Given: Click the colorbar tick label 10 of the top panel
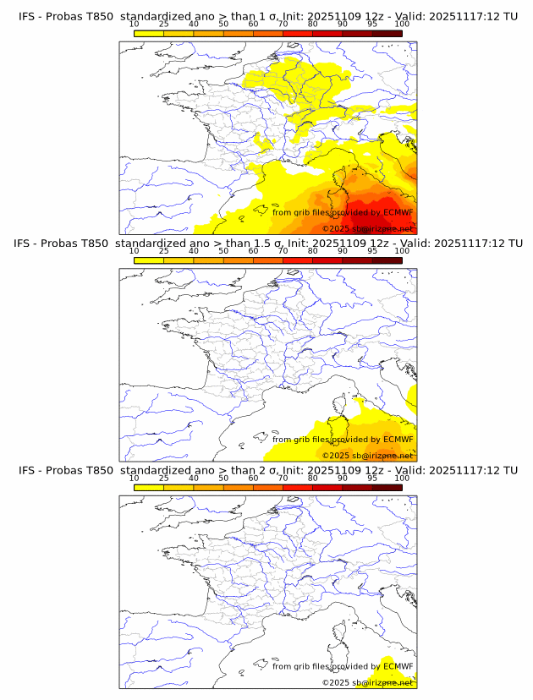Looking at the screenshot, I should (134, 24).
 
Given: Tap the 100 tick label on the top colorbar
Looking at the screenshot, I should (402, 24).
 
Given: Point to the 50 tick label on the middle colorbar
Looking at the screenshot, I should (223, 251).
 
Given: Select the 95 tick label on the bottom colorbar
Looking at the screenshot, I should (372, 479).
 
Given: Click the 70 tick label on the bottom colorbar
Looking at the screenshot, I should (283, 479).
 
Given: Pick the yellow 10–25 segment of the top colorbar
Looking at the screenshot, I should (149, 33).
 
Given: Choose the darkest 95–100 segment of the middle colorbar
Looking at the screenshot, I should (387, 260).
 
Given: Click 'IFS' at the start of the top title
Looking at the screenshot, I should (27, 15).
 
